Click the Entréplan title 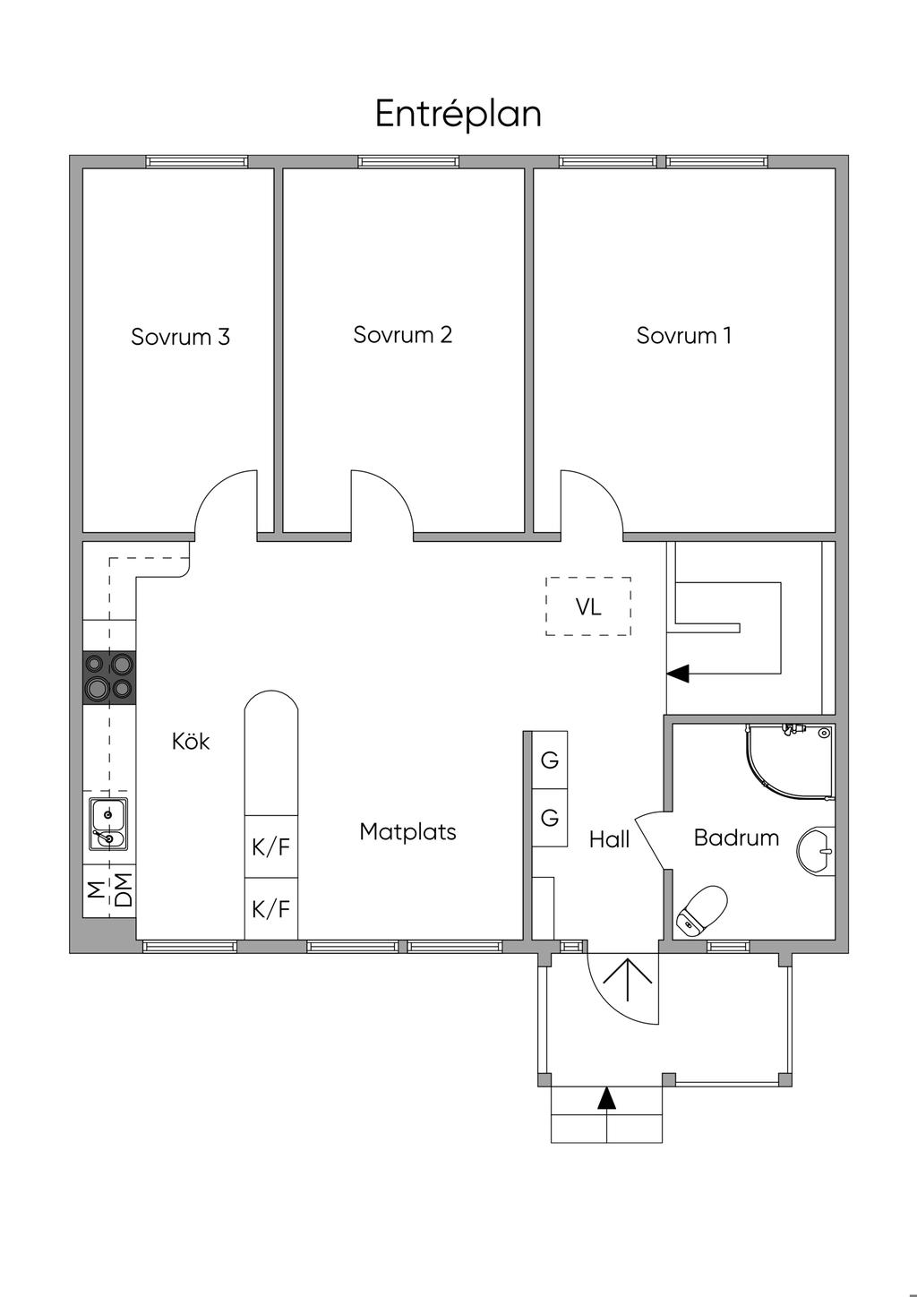pos(458,115)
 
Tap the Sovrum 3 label pos(180,337)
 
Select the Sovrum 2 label pos(402,335)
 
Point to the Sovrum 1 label pos(683,335)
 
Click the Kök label pos(191,741)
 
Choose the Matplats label pos(407,832)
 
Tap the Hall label pos(609,839)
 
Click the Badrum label pos(736,837)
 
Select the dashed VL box pos(588,606)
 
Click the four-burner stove pos(109,677)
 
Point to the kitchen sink pos(108,824)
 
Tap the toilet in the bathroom pos(702,910)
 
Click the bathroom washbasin pos(816,850)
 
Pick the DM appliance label pos(124,890)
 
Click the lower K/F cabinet pos(271,908)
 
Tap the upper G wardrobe pos(549,760)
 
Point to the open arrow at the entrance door pos(628,980)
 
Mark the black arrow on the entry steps pos(606,1098)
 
